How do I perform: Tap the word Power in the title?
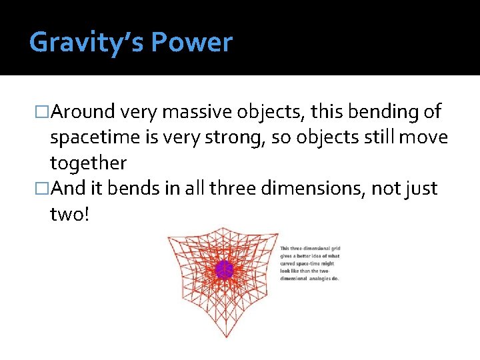(x=191, y=43)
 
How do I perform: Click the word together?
(x=88, y=163)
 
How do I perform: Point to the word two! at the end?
(x=69, y=214)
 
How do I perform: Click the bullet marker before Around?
(x=43, y=113)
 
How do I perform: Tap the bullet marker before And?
(x=43, y=189)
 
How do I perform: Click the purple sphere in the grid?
(x=224, y=269)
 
